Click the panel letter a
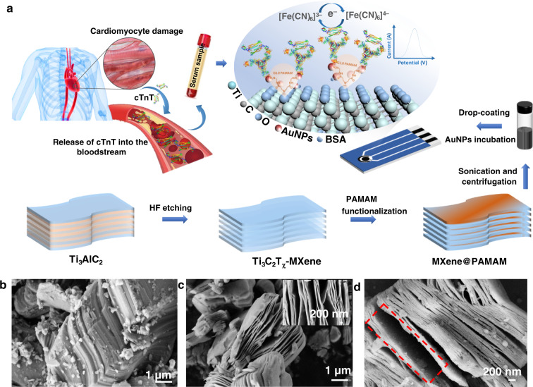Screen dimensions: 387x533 (x=6, y=6)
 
